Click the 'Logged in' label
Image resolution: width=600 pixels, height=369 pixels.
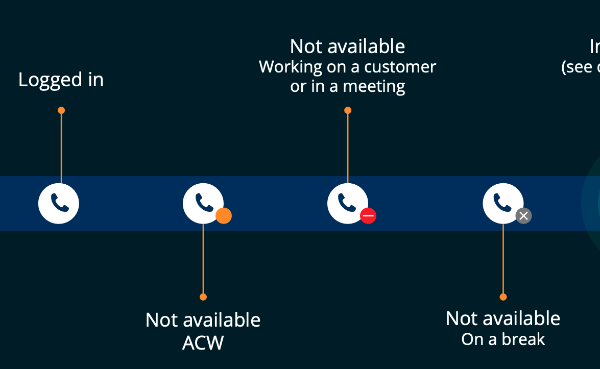[x=61, y=80]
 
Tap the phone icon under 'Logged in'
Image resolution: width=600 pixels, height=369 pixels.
[x=59, y=203]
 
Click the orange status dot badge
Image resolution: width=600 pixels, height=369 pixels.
[x=224, y=216]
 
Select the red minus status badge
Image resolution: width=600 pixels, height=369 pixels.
[x=368, y=216]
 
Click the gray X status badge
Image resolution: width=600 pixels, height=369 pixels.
[x=523, y=216]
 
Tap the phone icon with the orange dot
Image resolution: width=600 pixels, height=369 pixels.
[x=203, y=203]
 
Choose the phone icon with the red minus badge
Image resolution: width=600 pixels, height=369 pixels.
[x=347, y=203]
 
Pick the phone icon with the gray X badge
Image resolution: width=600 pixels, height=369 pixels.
[x=502, y=203]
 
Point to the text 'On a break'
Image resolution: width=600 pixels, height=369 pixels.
[x=503, y=339]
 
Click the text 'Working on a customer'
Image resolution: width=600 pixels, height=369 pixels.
[x=347, y=67]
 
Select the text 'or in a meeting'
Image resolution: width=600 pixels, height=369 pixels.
[x=347, y=87]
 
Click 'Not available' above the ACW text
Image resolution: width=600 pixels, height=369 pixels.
[x=203, y=320]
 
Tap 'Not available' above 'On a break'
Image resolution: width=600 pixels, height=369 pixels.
[x=503, y=318]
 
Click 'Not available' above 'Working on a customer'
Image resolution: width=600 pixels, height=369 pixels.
[x=347, y=46]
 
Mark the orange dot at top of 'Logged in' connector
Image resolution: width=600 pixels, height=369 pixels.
[x=61, y=110]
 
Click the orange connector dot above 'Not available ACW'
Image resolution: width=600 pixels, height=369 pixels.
[x=203, y=297]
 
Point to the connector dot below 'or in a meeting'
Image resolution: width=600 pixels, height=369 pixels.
[x=348, y=110]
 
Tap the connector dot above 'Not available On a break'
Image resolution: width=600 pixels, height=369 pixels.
[x=503, y=297]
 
